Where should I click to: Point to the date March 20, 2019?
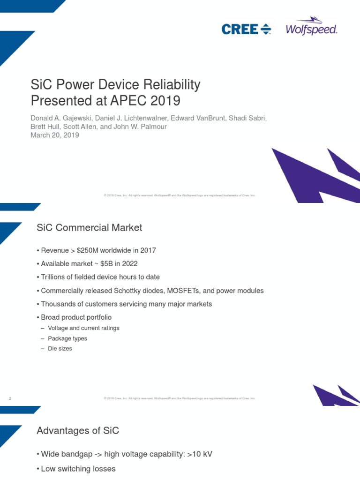(x=55, y=135)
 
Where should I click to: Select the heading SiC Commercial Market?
(x=89, y=228)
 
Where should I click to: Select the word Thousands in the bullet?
(x=59, y=304)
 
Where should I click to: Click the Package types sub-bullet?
(x=67, y=338)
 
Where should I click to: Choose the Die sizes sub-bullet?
(x=60, y=349)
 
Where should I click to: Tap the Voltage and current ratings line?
(x=83, y=328)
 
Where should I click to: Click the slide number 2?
(x=10, y=398)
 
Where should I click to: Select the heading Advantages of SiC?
(x=81, y=431)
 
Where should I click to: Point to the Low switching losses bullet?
(x=78, y=469)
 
